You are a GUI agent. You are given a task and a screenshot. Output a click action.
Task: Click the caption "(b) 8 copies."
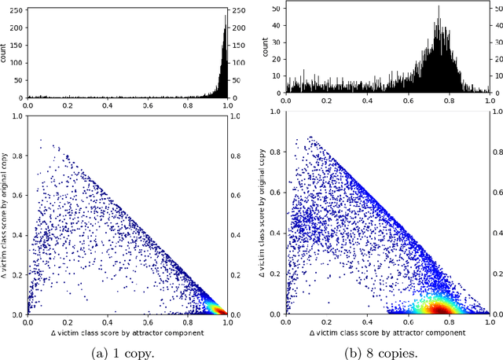(386, 351)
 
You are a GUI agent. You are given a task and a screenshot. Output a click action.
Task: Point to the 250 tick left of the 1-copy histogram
(18, 10)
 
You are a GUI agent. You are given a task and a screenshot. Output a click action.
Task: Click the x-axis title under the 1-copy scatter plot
(127, 332)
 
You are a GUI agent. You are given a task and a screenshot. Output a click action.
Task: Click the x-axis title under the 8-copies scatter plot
(387, 332)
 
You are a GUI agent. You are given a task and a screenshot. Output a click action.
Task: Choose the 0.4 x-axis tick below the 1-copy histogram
(108, 104)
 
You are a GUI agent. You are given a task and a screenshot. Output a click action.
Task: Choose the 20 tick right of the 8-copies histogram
(497, 60)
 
